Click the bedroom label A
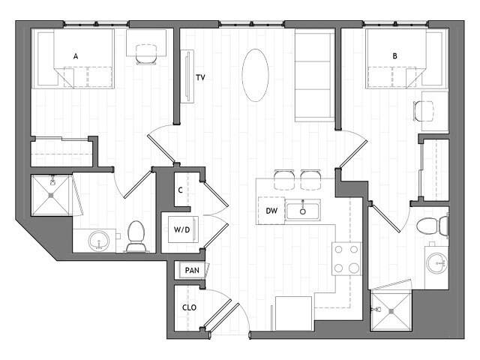click(76, 55)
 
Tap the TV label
click(200, 77)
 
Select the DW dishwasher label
click(271, 211)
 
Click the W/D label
click(181, 230)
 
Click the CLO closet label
click(189, 307)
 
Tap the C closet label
click(181, 189)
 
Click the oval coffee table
click(256, 75)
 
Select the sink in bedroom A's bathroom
click(98, 241)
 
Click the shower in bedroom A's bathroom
click(52, 196)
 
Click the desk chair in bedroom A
click(144, 51)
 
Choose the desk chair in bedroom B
click(424, 111)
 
